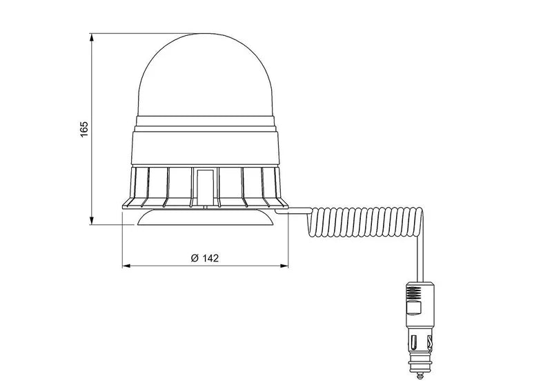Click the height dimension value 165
84,128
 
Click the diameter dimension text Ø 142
204,257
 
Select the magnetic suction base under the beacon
204,218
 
